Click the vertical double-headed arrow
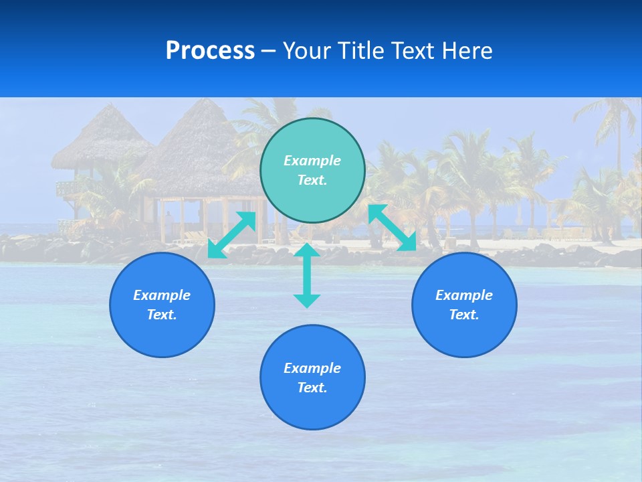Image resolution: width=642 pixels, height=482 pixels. pyautogui.click(x=307, y=275)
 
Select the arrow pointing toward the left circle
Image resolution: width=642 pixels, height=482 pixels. pyautogui.click(x=231, y=235)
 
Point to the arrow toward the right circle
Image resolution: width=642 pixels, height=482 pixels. pyautogui.click(x=392, y=228)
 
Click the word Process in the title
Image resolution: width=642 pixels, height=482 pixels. pyautogui.click(x=210, y=51)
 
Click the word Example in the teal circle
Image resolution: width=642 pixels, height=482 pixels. pyautogui.click(x=312, y=161)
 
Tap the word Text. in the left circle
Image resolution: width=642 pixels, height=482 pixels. pyautogui.click(x=162, y=315)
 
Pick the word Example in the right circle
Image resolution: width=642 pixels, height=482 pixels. pyautogui.click(x=464, y=295)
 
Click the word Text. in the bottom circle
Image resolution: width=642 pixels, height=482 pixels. pyautogui.click(x=312, y=388)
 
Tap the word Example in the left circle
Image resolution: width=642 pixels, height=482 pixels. pyautogui.click(x=162, y=295)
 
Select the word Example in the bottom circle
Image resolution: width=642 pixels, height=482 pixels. pyautogui.click(x=312, y=368)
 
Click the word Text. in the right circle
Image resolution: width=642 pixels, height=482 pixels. pyautogui.click(x=464, y=315)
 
